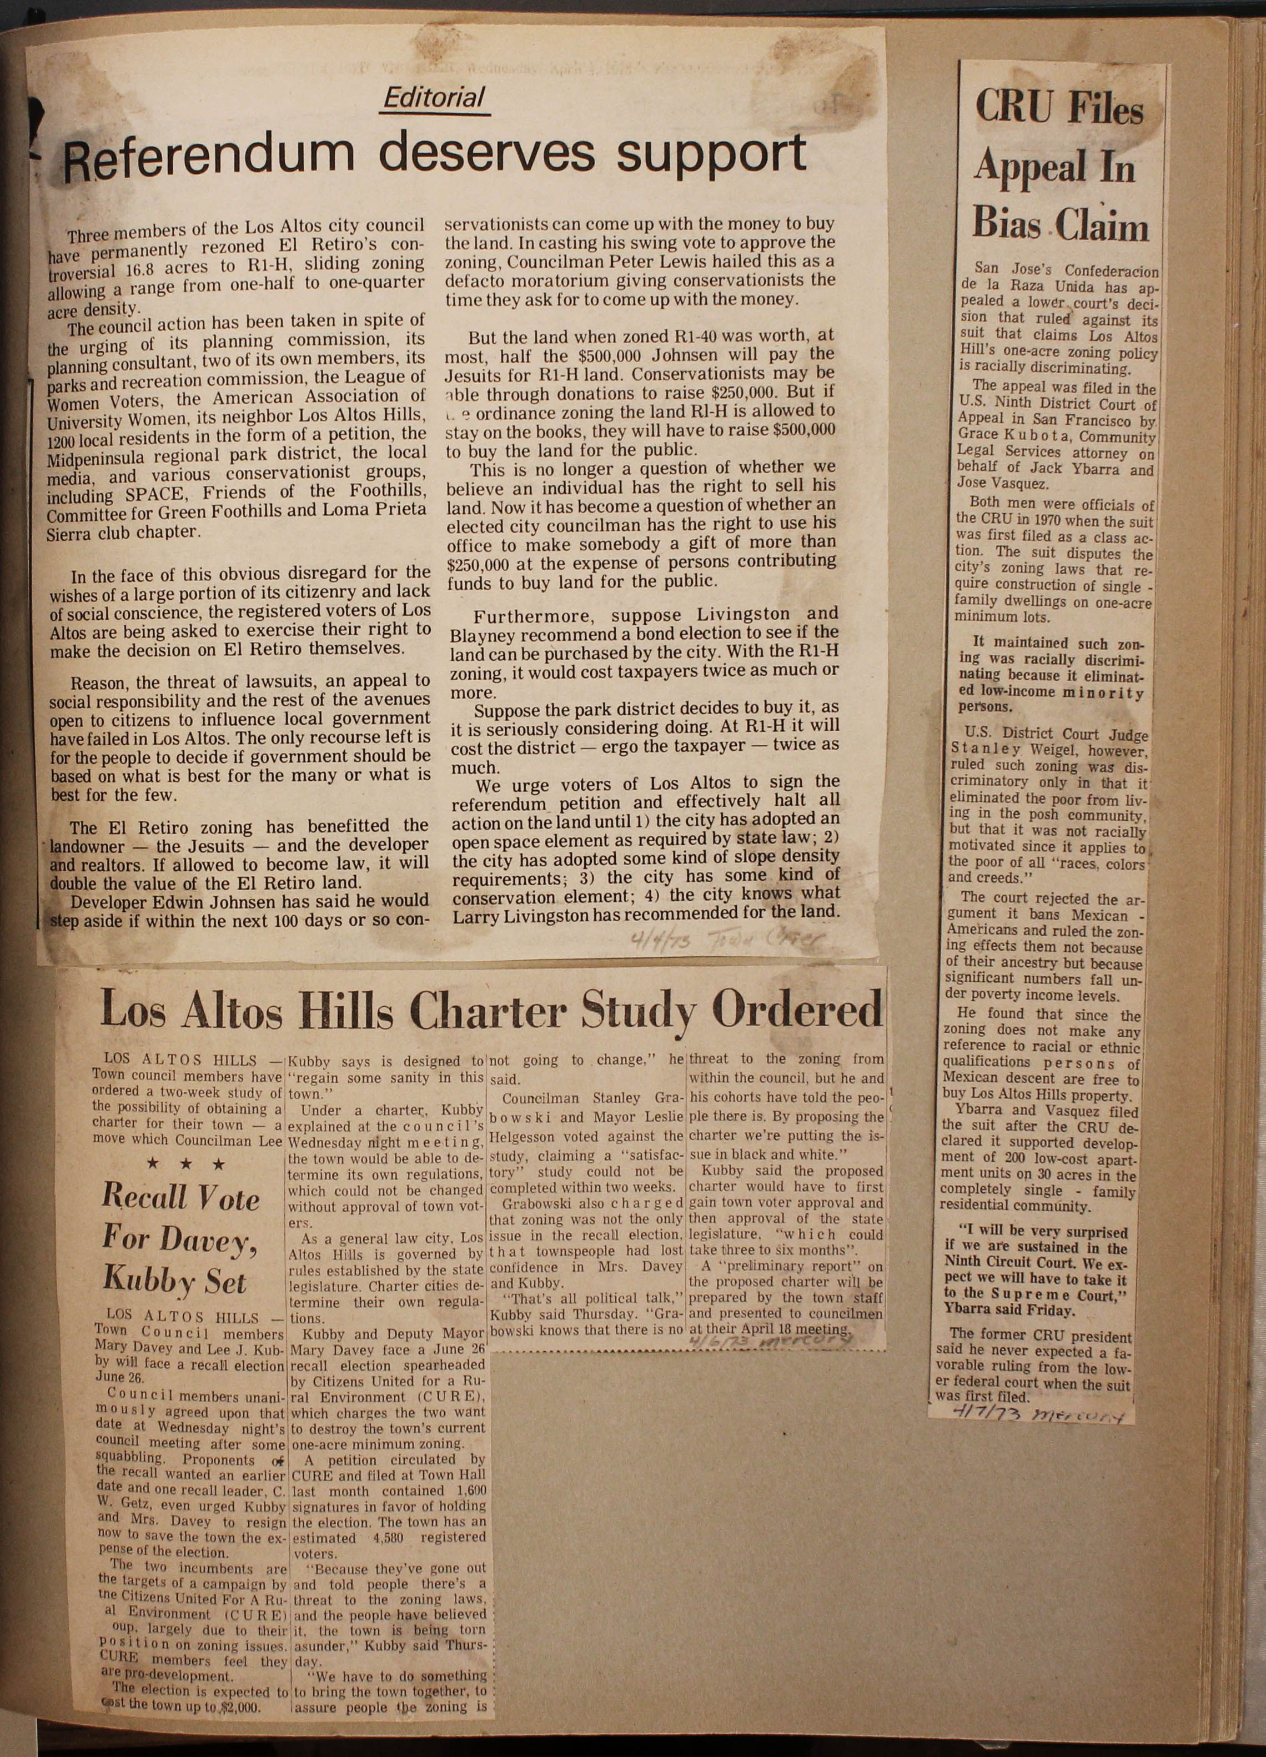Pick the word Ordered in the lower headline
click(797, 1008)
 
